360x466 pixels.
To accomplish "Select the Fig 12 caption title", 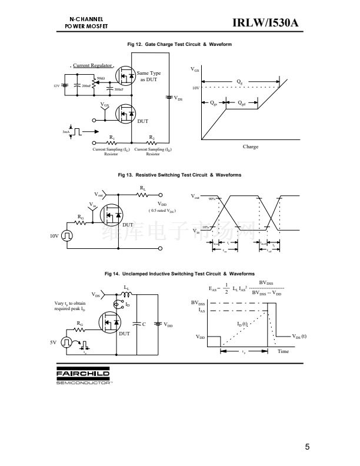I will [x=180, y=45].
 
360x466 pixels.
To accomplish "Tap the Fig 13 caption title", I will [x=180, y=175].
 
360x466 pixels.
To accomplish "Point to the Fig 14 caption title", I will [x=180, y=274].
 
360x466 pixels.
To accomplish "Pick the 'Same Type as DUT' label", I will [x=149, y=76].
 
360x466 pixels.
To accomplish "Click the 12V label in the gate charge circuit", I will [x=56, y=86].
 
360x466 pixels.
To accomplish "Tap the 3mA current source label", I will [x=66, y=132].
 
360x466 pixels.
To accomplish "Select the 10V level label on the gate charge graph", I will [x=196, y=88].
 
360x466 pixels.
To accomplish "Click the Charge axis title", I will [x=251, y=147].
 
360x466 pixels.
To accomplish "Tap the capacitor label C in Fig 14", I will [x=144, y=324].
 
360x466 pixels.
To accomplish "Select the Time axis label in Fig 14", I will [x=283, y=351].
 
